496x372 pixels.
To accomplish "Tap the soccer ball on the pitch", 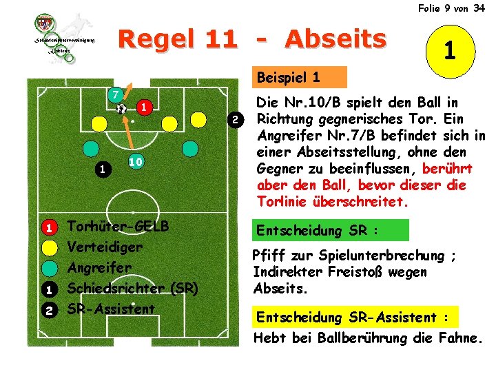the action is coord(121,108).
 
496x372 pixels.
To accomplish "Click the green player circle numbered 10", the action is coord(135,161).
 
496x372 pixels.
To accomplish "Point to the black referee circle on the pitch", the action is coord(102,168).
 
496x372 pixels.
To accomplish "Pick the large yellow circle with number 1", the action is coord(448,50).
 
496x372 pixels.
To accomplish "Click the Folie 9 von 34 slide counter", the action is coord(451,8).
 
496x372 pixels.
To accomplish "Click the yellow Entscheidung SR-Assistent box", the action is coord(353,317).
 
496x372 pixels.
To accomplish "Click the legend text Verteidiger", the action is coord(105,247).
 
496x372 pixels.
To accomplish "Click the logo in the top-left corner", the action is coord(65,39).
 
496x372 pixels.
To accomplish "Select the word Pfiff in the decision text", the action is coord(269,256).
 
